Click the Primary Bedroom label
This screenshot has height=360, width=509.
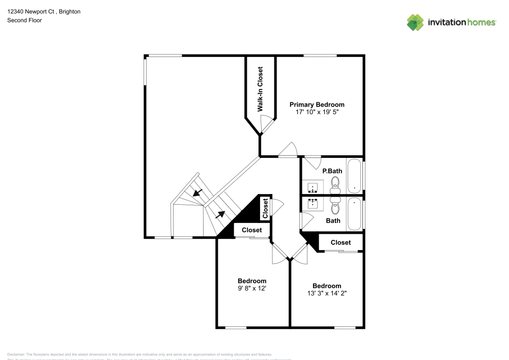tap(317, 104)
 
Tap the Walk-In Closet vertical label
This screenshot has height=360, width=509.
tap(260, 89)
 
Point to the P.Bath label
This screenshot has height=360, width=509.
tap(332, 171)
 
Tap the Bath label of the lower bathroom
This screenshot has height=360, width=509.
tap(333, 220)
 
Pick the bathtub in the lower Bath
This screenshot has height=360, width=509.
tap(354, 214)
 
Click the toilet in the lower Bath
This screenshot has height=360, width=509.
tap(335, 207)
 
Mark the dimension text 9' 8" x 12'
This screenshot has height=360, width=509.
tap(252, 288)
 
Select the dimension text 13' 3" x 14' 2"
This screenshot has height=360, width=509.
tap(327, 293)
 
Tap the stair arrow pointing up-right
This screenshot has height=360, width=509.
tap(220, 214)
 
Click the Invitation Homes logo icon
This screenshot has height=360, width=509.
tap(415, 22)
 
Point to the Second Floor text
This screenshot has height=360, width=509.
tap(24, 20)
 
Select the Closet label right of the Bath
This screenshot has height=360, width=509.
tap(341, 242)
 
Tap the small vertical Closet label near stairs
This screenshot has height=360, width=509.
tap(265, 208)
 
